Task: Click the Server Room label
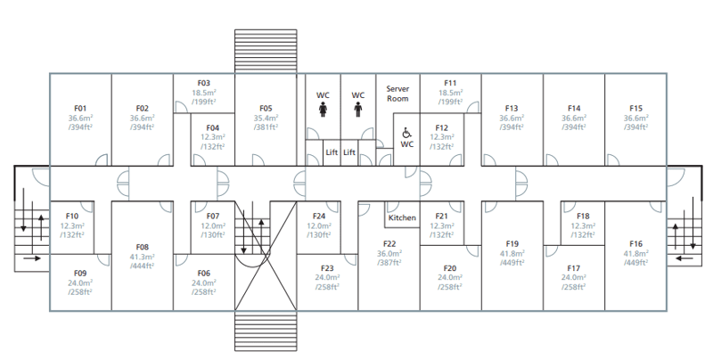397,94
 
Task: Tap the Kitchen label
402,217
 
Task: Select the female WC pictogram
323,110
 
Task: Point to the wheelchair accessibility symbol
407,133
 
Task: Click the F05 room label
266,108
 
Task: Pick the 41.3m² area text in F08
143,257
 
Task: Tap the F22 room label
389,244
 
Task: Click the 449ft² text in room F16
635,263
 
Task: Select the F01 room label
80,108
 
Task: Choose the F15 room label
635,108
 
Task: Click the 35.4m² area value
266,118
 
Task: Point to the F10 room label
72,216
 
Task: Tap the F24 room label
319,216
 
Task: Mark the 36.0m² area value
389,254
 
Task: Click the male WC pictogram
358,110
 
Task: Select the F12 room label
441,127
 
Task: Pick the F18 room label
583,216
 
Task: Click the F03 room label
204,83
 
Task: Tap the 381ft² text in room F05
266,127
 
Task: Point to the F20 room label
450,268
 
